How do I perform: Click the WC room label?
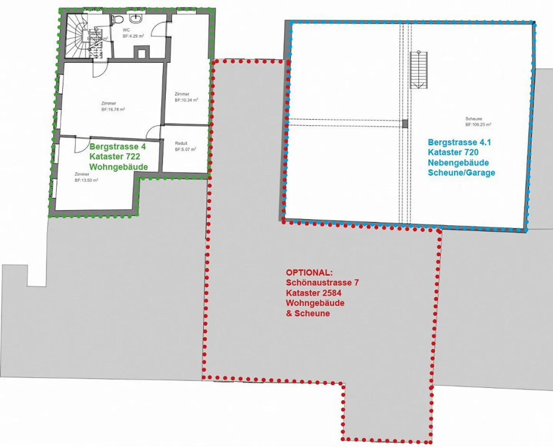pos(126,30)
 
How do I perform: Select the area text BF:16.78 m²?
pos(113,109)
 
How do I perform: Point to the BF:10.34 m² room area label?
pos(186,100)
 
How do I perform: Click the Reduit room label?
pos(181,143)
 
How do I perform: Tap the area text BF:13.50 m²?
pos(86,180)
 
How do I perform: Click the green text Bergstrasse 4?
pos(118,147)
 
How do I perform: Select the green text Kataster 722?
pos(114,157)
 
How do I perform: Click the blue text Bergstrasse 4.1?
pos(459,142)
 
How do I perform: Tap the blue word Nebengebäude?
pos(458,162)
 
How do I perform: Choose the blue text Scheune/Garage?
pos(461,173)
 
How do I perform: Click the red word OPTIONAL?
pos(309,273)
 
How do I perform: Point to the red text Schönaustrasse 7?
pos(322,283)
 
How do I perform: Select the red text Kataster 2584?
pos(313,293)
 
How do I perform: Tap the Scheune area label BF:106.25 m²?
pos(478,124)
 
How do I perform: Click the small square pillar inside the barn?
pos(405,124)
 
